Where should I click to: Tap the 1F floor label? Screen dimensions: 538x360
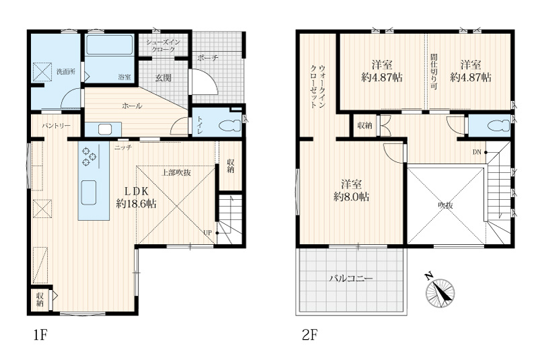click(x=40, y=334)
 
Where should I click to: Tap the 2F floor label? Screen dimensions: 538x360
click(x=309, y=334)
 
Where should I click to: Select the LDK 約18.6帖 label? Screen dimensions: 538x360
click(x=137, y=197)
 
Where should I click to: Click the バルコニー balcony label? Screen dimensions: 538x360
click(x=351, y=278)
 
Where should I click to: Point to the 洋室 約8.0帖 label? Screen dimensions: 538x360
click(x=351, y=190)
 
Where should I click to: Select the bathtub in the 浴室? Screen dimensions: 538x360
click(x=109, y=45)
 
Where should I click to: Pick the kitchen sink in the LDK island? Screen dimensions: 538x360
click(x=89, y=192)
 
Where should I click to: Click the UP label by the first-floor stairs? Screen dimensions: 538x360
click(x=207, y=233)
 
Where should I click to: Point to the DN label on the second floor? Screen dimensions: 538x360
click(x=477, y=152)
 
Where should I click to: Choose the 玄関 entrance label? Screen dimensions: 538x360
click(x=163, y=78)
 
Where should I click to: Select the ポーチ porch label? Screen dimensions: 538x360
click(x=208, y=58)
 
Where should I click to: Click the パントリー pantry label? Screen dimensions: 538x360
click(x=56, y=126)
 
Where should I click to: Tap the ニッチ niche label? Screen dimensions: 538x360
click(x=123, y=148)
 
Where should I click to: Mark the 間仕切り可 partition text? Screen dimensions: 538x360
click(x=434, y=72)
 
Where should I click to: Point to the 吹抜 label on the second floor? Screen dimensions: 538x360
click(x=445, y=205)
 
